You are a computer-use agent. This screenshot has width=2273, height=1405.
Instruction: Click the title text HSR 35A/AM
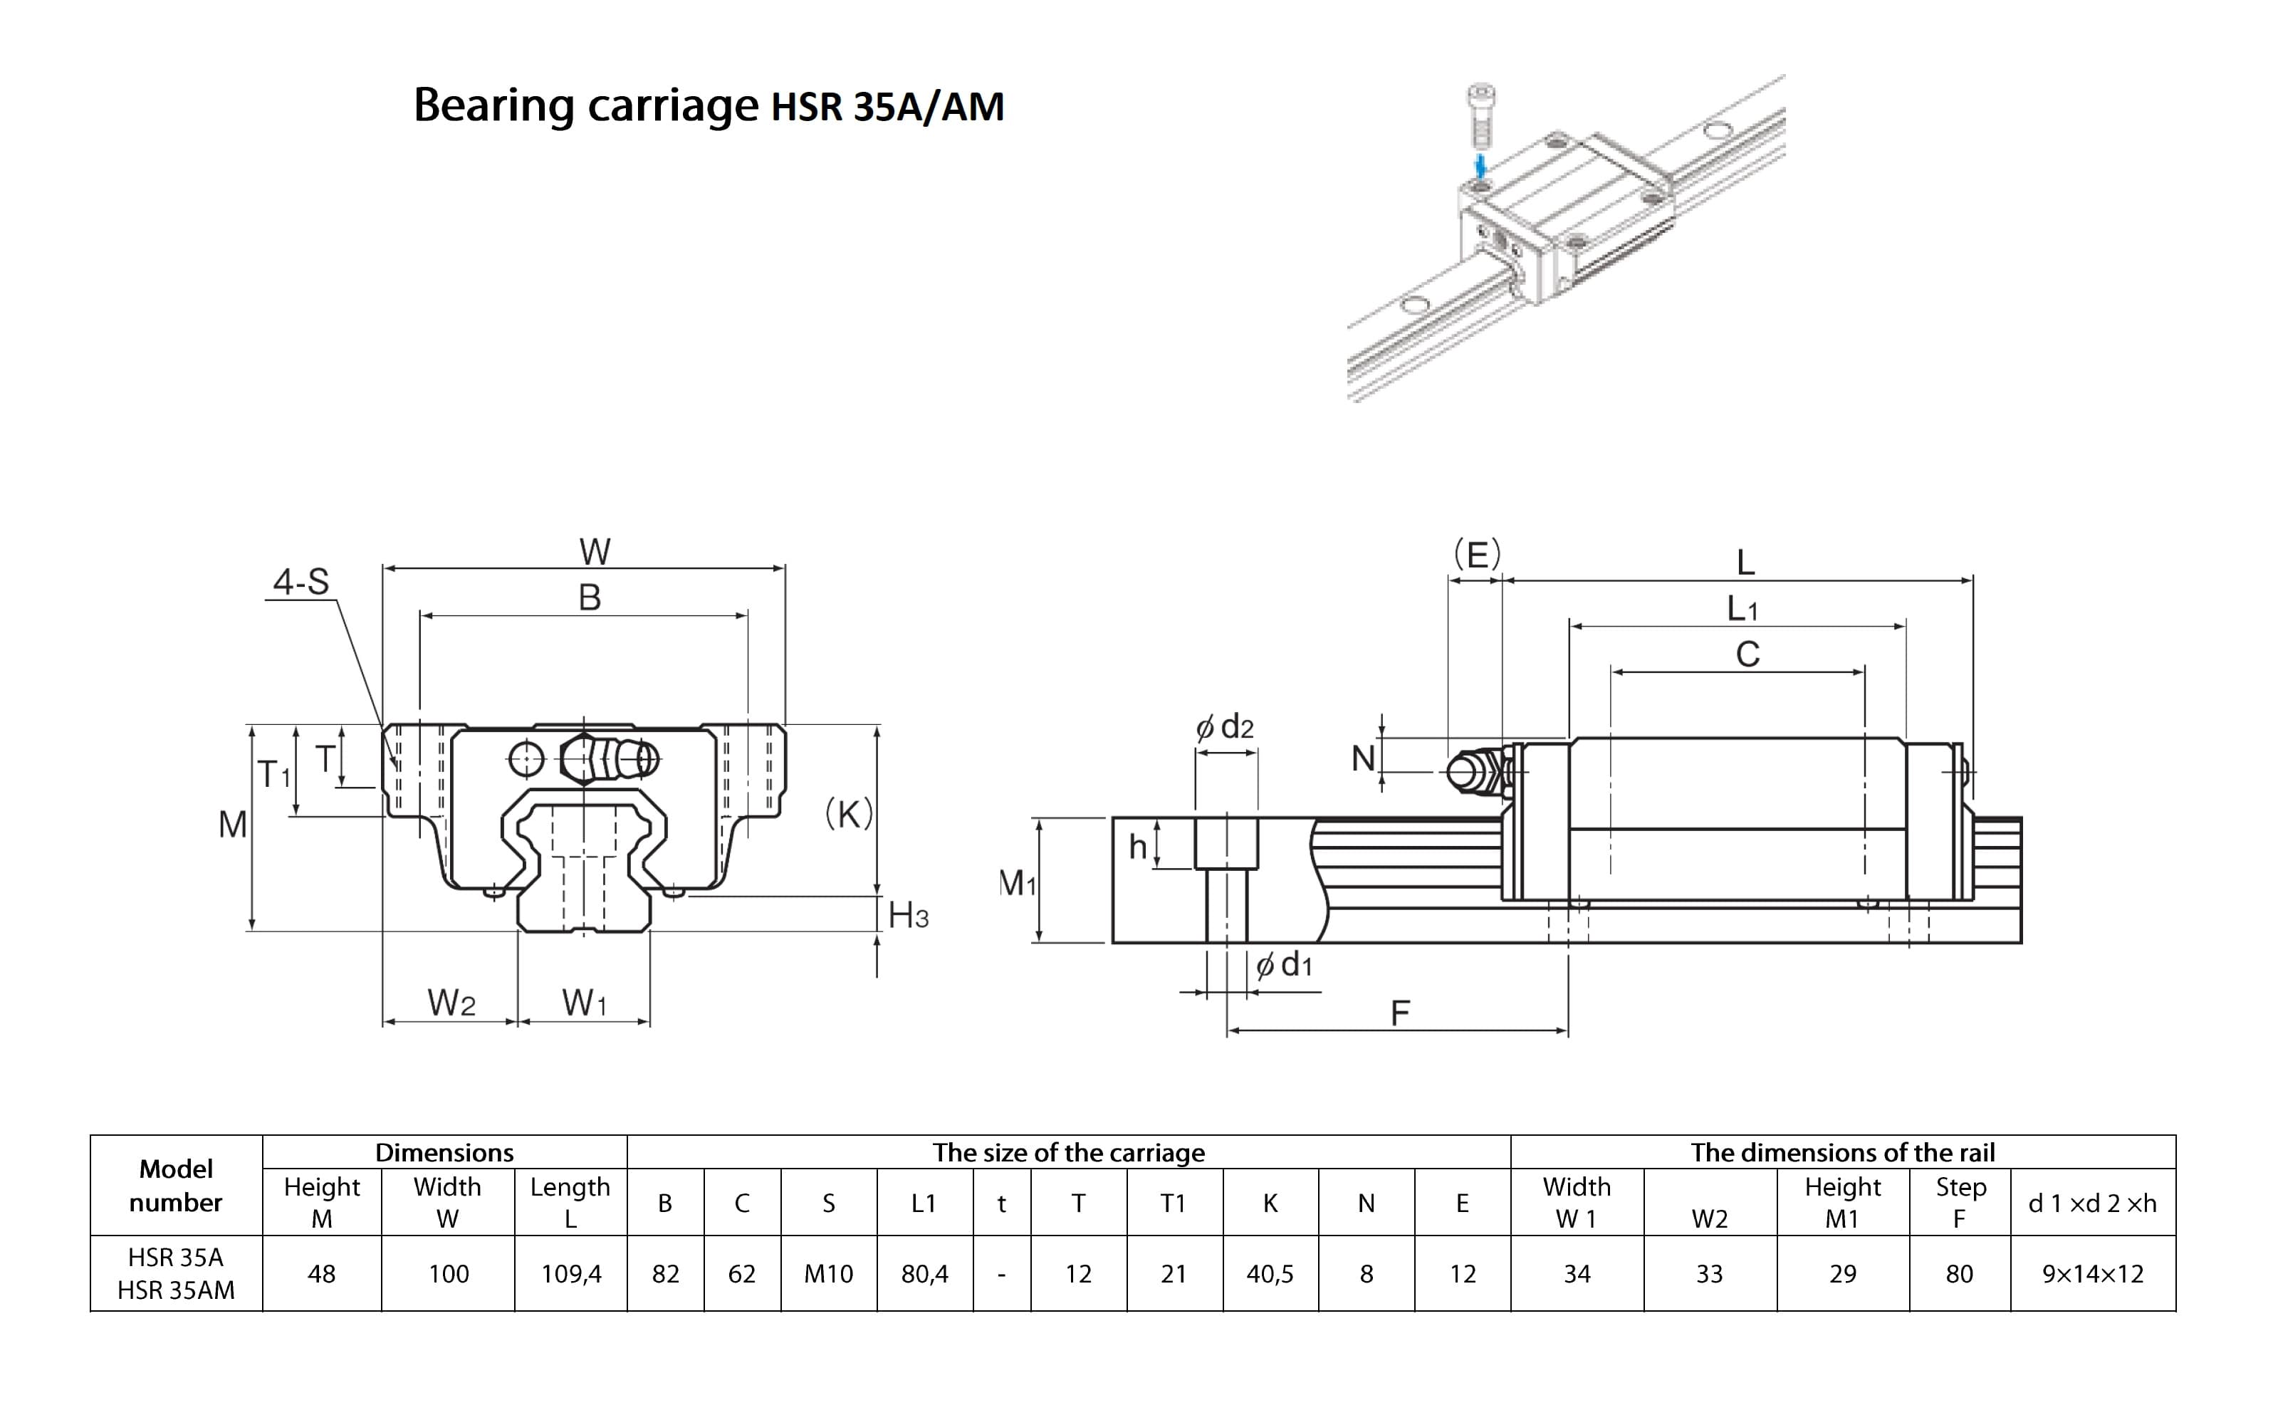887,107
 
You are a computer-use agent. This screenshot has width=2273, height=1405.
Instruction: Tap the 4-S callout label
301,583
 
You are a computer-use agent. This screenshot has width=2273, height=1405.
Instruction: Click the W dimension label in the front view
595,552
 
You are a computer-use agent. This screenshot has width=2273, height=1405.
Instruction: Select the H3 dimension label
908,916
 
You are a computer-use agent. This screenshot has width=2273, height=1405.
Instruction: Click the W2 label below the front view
451,1003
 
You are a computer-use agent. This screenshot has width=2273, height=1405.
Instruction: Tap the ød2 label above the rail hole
1225,726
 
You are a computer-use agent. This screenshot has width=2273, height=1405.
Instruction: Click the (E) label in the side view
1477,555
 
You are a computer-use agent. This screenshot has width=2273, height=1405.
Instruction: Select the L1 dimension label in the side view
1742,610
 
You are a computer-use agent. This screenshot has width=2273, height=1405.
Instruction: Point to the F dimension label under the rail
1399,1013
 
